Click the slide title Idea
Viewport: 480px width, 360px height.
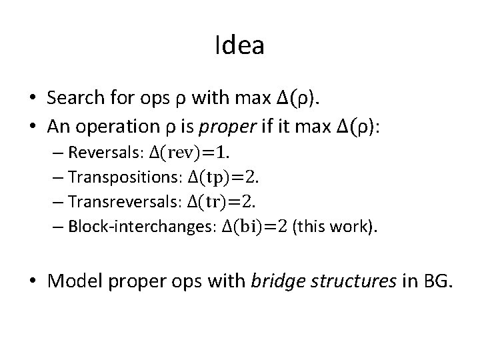pos(240,45)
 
